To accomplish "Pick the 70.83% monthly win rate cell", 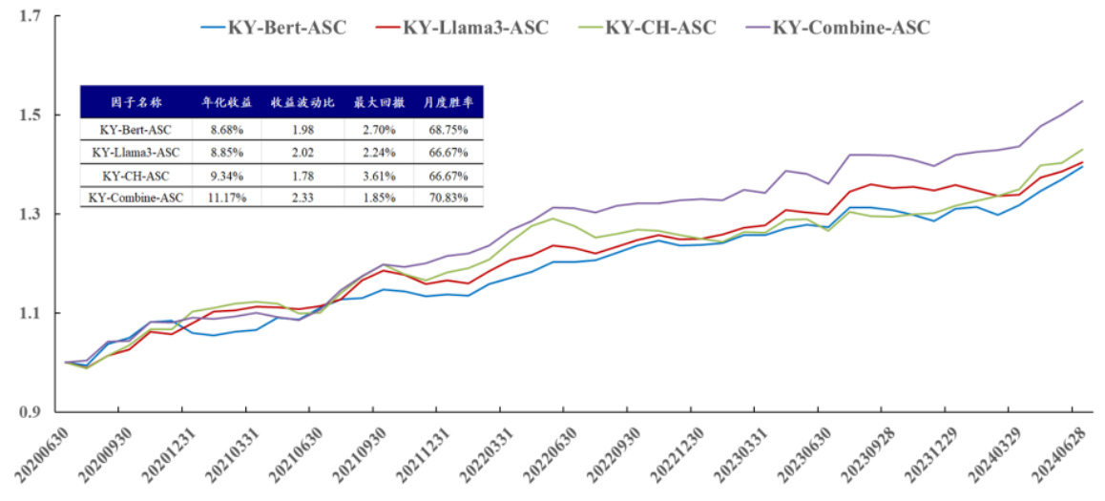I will point(448,198).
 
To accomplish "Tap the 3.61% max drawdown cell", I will point(376,176).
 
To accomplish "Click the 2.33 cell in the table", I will point(302,198).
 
